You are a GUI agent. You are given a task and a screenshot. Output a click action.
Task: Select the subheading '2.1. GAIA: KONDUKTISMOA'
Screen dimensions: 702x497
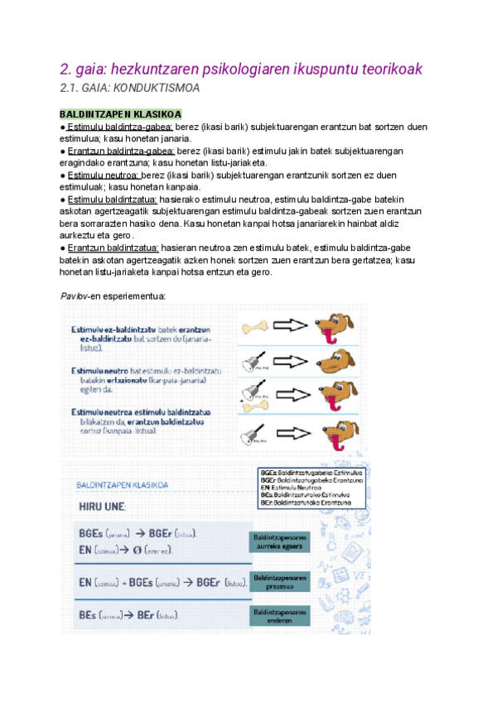click(x=129, y=88)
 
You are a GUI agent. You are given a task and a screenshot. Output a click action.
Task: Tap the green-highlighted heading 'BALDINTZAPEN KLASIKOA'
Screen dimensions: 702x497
click(x=120, y=114)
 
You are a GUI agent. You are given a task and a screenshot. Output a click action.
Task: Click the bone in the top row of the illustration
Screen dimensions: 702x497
click(x=256, y=329)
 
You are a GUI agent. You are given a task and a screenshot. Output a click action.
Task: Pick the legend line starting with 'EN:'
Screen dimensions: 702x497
click(x=290, y=488)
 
